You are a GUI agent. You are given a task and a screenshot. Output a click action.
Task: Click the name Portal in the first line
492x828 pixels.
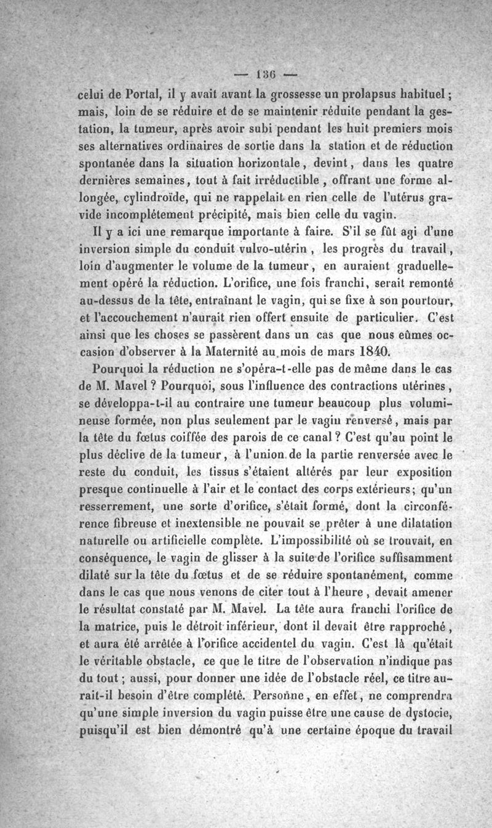click(145, 95)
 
